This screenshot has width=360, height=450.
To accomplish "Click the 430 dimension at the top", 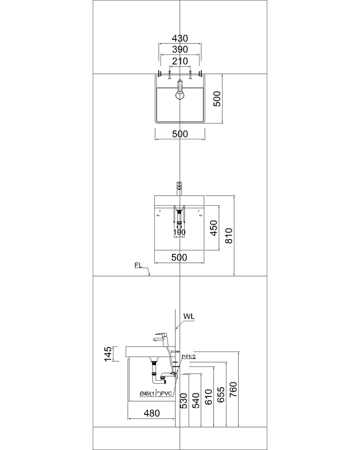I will [x=180, y=38].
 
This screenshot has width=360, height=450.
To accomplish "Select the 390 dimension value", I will [x=180, y=49].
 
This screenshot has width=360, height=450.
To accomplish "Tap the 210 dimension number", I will [x=180, y=61].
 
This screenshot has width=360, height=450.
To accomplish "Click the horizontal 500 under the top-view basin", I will [x=180, y=134].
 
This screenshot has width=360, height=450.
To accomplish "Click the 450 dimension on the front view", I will [x=213, y=228].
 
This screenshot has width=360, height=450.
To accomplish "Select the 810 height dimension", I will [x=228, y=236].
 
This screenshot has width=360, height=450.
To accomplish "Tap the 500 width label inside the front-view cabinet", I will [x=179, y=258].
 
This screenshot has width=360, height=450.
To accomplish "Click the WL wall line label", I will [x=189, y=316].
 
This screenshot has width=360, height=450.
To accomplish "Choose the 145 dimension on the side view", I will [x=107, y=354].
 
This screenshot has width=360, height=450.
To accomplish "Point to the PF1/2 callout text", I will [x=189, y=357].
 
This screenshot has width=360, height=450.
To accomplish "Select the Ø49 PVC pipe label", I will [x=155, y=393].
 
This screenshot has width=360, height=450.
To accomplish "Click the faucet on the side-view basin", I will [x=159, y=337].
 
